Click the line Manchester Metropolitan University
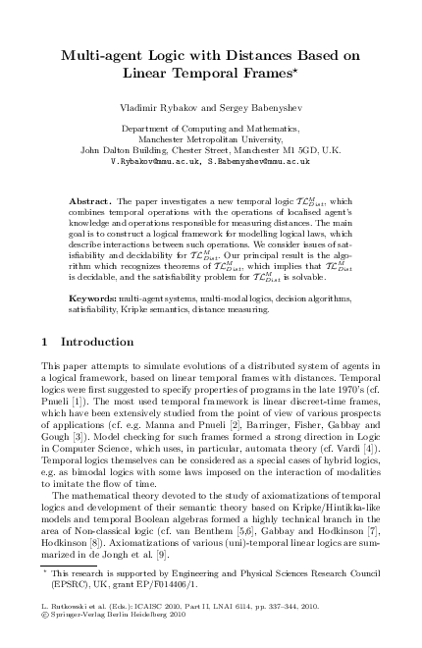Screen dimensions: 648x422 click(x=211, y=139)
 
